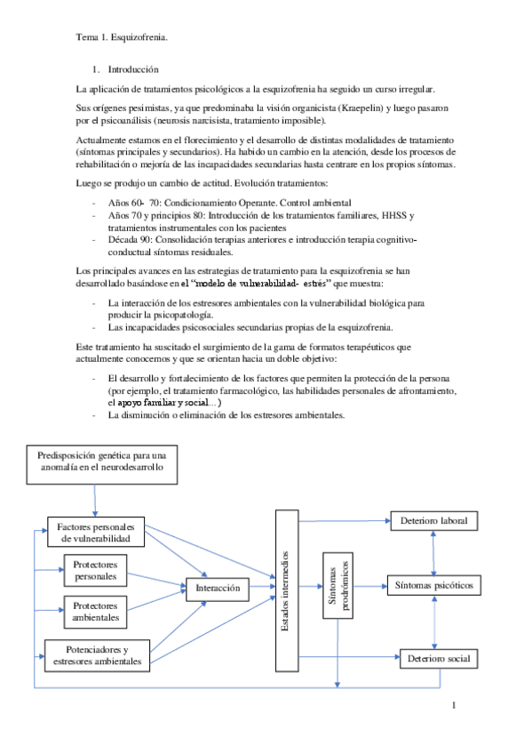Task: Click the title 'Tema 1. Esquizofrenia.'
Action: (121, 38)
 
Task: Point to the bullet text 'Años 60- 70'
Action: (131, 204)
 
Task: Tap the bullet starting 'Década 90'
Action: (133, 240)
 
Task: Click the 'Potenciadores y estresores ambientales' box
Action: (96, 655)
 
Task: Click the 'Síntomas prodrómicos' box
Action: (338, 588)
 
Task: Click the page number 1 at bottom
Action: (453, 707)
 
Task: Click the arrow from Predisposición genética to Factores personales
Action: (92, 495)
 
